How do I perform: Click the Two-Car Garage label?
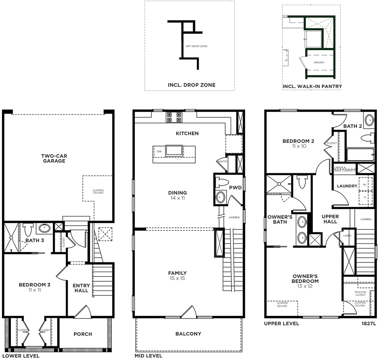pos(54,158)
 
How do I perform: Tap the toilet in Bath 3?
pos(28,230)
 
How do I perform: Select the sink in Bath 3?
pos(44,228)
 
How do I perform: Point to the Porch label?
pos(83,334)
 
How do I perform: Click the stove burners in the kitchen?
pos(174,117)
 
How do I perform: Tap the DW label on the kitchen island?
pos(159,152)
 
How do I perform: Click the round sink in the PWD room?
pos(220,197)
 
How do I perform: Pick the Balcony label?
pos(188,334)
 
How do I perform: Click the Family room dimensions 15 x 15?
pos(177,278)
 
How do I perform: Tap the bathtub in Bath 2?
pos(360,155)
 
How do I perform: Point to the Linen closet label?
pos(347,235)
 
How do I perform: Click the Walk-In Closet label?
pos(360,294)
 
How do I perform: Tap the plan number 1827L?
pos(369,324)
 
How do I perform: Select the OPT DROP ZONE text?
pos(196,46)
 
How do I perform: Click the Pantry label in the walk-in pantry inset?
pos(319,63)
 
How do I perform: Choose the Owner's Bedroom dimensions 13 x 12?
pos(305,286)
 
